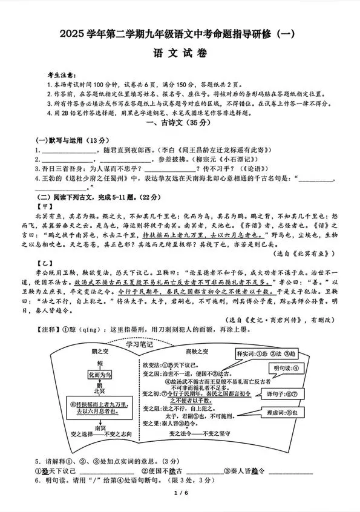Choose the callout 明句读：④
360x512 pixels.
tap(286, 368)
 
